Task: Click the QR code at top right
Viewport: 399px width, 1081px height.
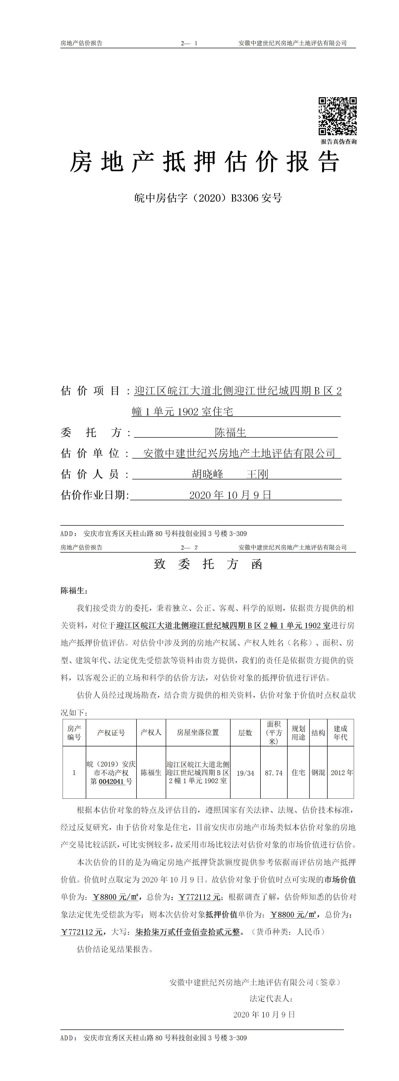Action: [337, 116]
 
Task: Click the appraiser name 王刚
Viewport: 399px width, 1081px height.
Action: [257, 474]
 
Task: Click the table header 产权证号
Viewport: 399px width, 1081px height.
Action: [111, 733]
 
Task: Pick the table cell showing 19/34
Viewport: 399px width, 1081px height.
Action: [245, 773]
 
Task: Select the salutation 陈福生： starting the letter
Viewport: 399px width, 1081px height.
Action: [74, 591]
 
